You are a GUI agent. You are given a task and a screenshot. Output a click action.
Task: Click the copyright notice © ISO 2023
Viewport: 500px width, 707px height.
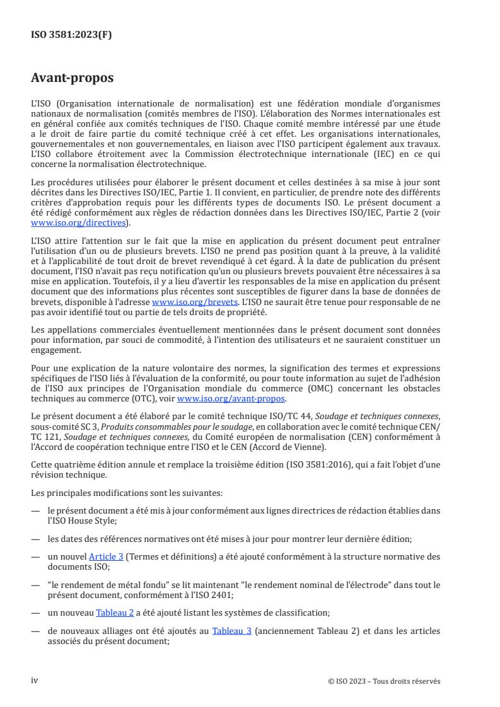385,681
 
